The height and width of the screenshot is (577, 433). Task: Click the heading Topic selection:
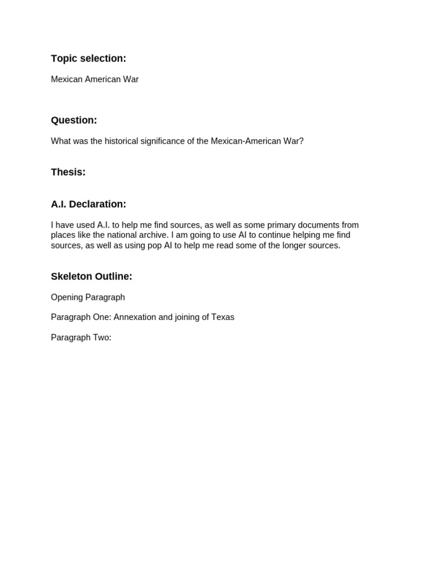(89, 59)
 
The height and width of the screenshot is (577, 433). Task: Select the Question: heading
(74, 120)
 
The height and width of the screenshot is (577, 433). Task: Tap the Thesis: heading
(68, 172)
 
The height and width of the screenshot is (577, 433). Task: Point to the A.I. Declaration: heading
(89, 204)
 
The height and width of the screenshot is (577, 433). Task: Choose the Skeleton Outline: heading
(91, 276)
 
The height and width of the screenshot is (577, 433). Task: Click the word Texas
(223, 317)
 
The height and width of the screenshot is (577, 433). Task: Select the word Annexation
(135, 317)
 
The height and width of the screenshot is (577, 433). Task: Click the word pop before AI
(155, 246)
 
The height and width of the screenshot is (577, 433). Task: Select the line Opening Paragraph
(88, 297)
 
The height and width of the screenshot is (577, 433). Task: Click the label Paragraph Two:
(81, 338)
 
